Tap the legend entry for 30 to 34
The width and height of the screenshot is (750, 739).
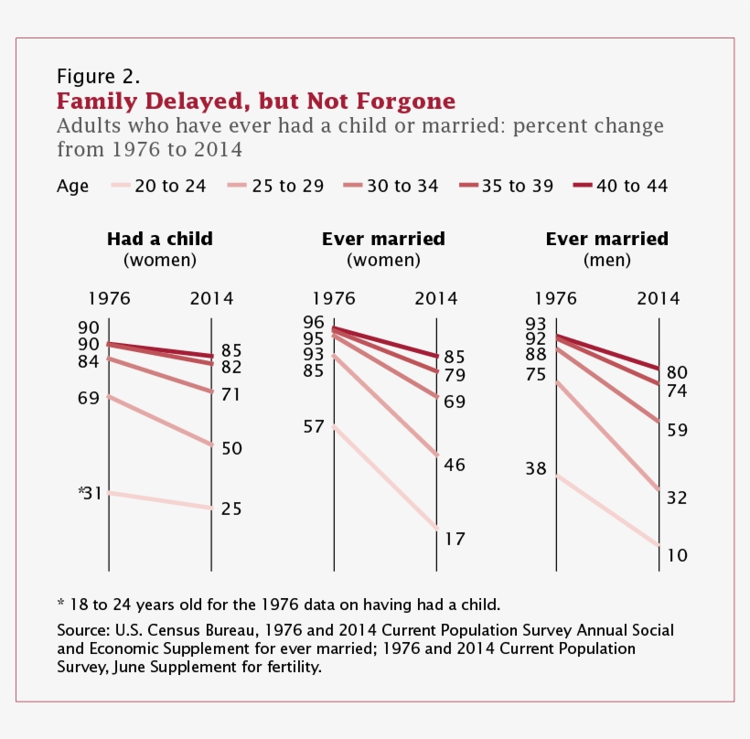[x=388, y=186]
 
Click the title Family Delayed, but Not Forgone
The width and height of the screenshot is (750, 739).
[x=256, y=100]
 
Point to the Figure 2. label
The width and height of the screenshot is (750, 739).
[x=98, y=75]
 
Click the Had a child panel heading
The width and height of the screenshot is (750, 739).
[x=160, y=239]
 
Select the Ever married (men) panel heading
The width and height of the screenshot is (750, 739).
[x=606, y=239]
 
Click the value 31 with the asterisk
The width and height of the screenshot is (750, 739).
[x=90, y=493]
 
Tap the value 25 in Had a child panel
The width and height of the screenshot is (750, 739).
[x=231, y=509]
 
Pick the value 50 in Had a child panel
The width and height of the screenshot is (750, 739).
[x=231, y=448]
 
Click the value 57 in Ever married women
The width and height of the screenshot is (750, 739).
[x=313, y=426]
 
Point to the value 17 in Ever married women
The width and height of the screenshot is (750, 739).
[x=455, y=539]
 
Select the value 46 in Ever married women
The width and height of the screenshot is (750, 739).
[x=455, y=465]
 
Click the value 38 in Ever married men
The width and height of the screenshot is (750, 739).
[x=535, y=468]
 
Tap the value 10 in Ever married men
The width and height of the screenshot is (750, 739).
[x=678, y=555]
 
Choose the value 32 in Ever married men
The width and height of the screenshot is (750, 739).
[x=678, y=498]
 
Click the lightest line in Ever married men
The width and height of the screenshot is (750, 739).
[x=607, y=509]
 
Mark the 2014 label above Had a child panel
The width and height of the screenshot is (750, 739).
[x=211, y=298]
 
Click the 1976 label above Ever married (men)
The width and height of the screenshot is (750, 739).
[x=554, y=298]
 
